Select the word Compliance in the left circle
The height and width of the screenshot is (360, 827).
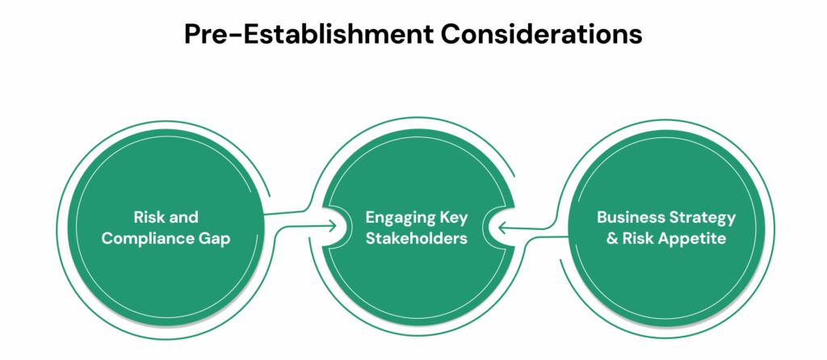pyautogui.click(x=156, y=239)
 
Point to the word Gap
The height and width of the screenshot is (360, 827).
pyautogui.click(x=212, y=239)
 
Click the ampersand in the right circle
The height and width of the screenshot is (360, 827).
pyautogui.click(x=604, y=239)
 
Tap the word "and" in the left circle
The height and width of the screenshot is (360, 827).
pyautogui.click(x=184, y=217)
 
